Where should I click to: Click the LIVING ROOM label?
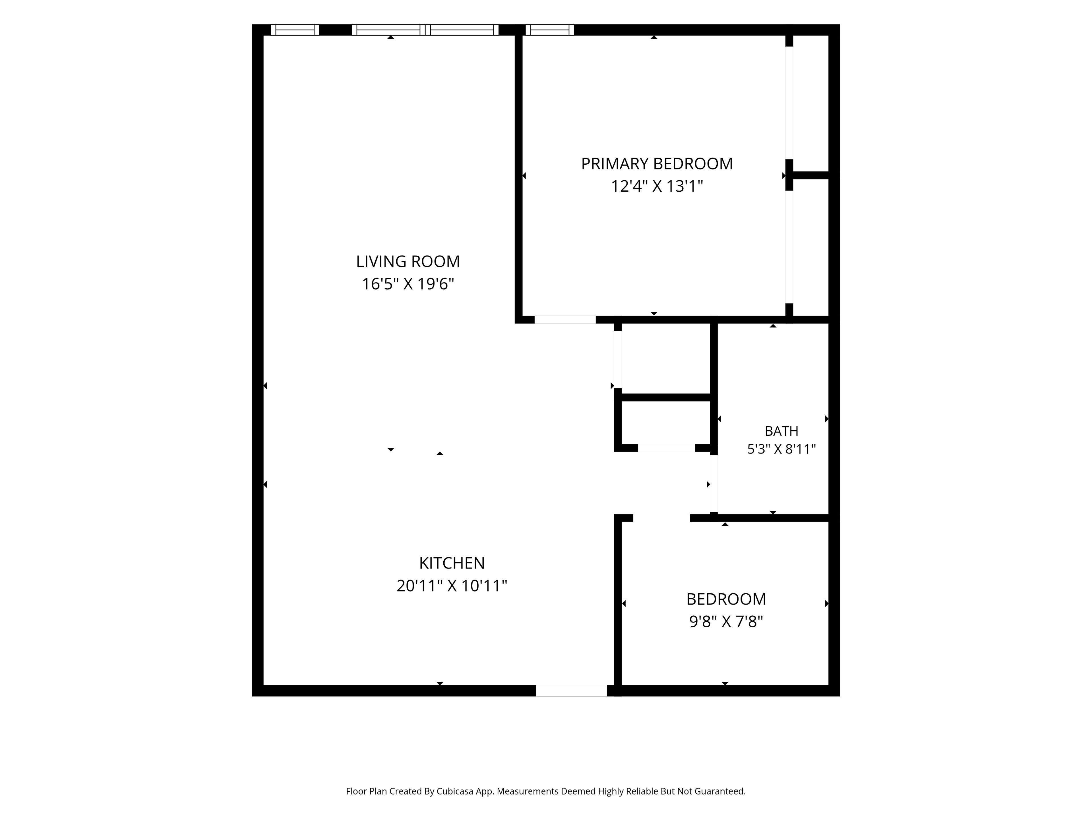coord(408,261)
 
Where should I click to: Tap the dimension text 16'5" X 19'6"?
coord(408,284)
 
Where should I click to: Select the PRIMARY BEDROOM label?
coord(657,164)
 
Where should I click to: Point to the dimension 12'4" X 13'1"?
coord(657,186)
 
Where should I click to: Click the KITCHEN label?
coord(452,563)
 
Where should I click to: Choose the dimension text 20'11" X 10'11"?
coord(452,586)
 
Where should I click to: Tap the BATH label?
coord(781,431)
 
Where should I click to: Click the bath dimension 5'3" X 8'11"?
coord(781,449)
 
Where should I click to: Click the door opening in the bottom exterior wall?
coord(571,691)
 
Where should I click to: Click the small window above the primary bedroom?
coord(549,30)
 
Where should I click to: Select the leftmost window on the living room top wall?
coord(295,30)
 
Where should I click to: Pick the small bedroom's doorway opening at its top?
coord(661,518)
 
